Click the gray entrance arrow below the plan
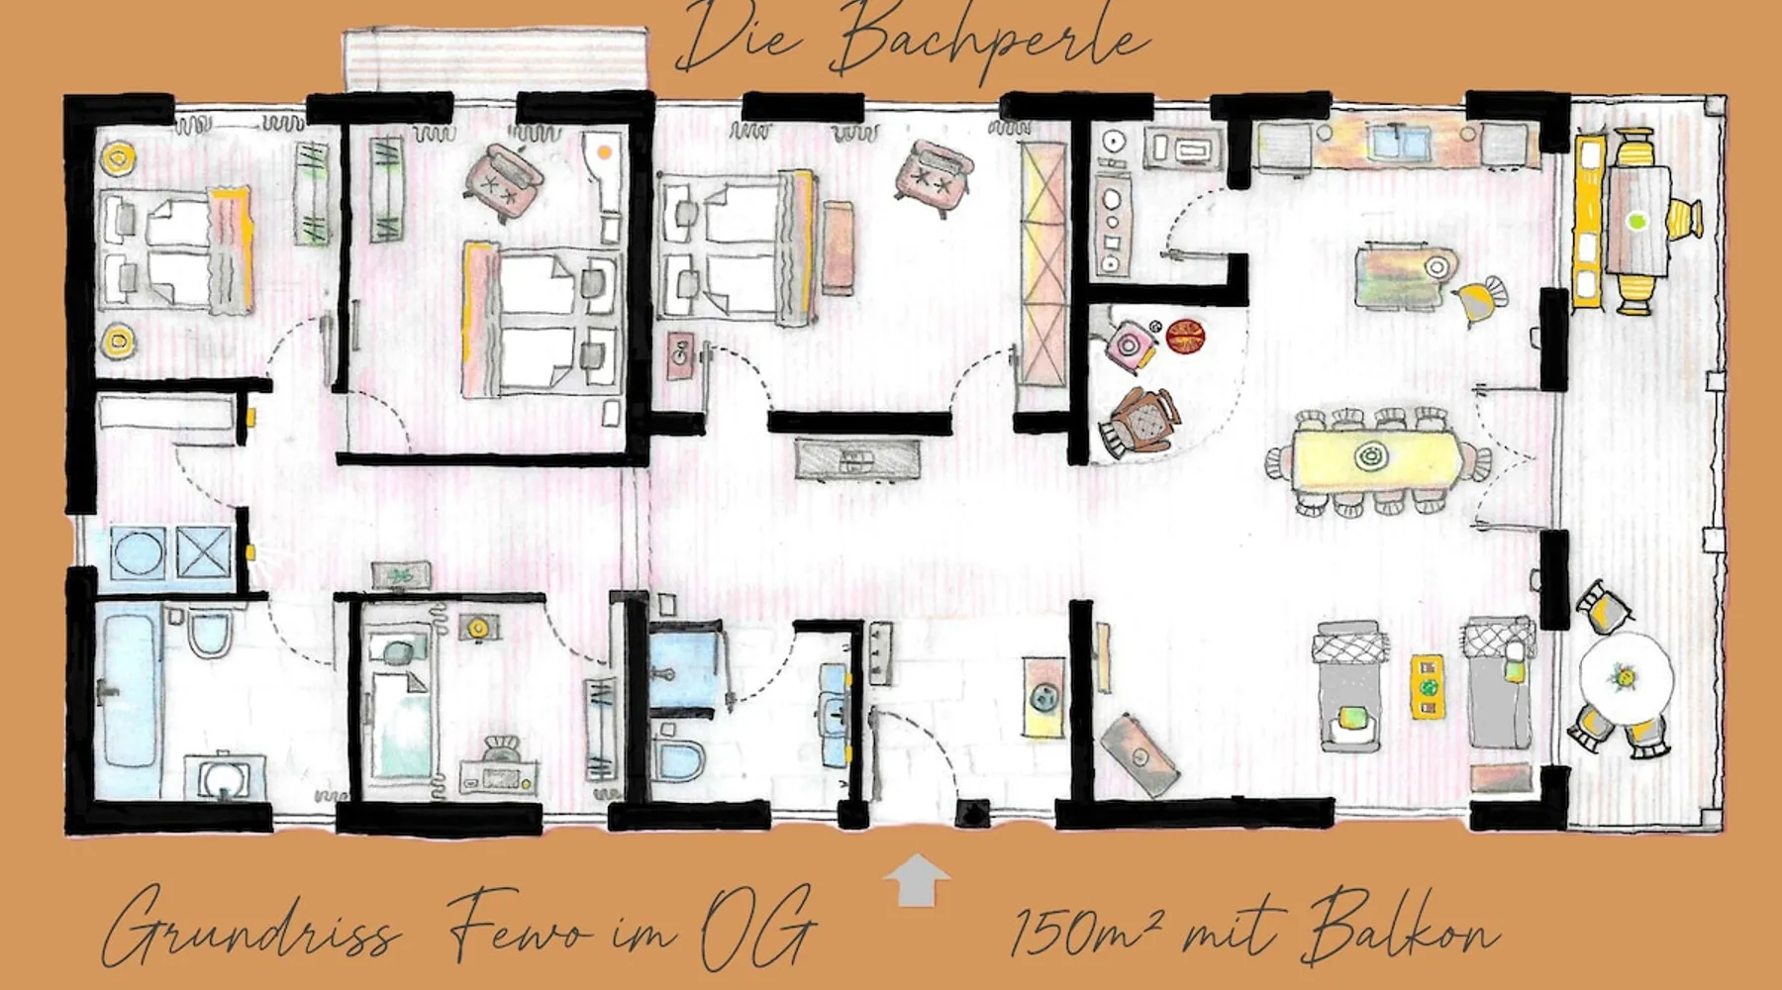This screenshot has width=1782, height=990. tap(917, 880)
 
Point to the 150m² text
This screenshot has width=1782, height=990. tap(1085, 931)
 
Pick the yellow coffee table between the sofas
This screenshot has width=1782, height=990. tap(1427, 685)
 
